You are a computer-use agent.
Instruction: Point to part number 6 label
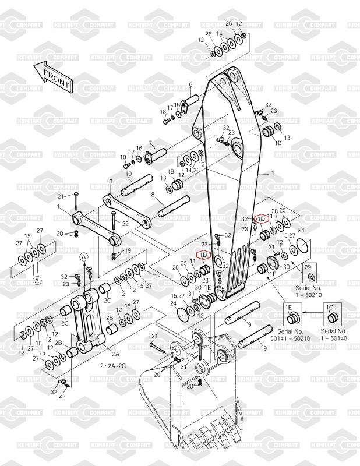(190, 85)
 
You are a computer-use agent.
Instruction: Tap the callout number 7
(150, 143)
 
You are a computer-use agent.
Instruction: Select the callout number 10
(128, 174)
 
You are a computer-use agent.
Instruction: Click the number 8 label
(153, 195)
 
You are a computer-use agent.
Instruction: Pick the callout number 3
(110, 182)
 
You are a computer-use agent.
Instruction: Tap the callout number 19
(128, 250)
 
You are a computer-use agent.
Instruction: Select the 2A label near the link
(115, 354)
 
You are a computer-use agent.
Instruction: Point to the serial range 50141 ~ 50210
(290, 338)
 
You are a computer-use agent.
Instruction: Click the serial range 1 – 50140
(335, 338)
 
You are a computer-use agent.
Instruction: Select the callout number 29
(309, 267)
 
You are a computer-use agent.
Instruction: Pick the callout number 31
(271, 247)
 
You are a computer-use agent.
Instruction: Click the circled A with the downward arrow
(84, 257)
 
